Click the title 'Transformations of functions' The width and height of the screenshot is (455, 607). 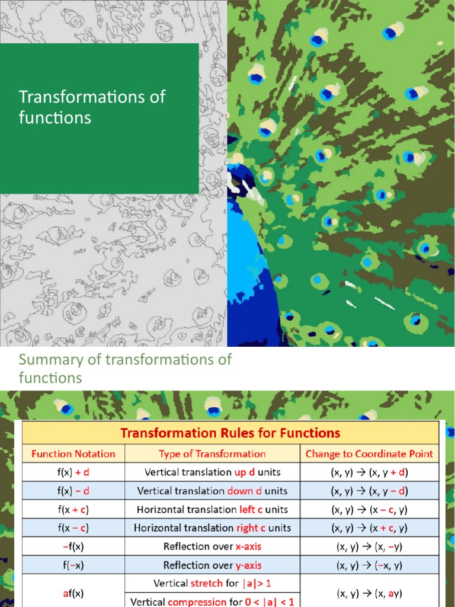tap(92, 107)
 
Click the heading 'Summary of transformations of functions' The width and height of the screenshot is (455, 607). tap(125, 368)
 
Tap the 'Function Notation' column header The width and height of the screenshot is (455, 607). tap(73, 454)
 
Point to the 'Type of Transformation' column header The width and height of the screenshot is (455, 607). tap(212, 454)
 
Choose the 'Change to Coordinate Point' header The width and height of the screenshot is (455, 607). tap(369, 454)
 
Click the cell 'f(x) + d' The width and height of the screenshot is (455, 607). tap(73, 472)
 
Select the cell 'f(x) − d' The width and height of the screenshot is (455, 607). tap(73, 491)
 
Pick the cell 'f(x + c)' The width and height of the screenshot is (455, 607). tap(73, 509)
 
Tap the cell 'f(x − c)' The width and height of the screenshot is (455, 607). tap(73, 528)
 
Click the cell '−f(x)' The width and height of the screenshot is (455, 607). tap(73, 546)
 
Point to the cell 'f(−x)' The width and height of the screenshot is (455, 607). tap(73, 565)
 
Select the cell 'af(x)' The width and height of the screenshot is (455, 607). tap(73, 592)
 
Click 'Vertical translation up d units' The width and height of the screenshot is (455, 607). tap(212, 472)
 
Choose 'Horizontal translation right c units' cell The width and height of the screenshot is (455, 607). tap(212, 528)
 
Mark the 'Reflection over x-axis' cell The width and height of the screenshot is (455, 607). tap(212, 546)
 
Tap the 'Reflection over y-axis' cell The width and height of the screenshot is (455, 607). tap(212, 565)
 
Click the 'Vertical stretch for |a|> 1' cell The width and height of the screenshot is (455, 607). tap(212, 583)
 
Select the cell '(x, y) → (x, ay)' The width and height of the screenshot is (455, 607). tap(369, 592)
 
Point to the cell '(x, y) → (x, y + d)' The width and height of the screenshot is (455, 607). tap(369, 472)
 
